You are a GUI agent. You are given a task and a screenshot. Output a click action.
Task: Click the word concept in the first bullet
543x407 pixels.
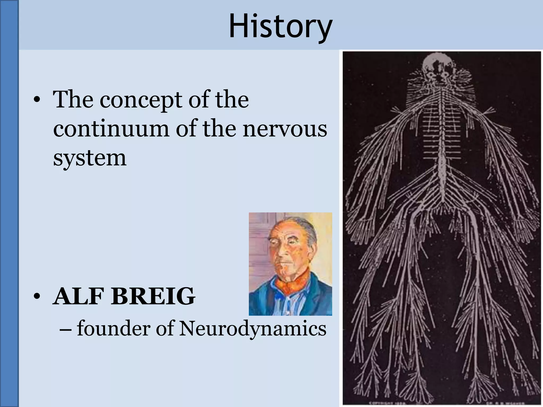141,100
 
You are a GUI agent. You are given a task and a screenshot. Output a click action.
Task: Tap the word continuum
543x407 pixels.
111,129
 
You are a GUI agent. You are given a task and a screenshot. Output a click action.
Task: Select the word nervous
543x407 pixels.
285,129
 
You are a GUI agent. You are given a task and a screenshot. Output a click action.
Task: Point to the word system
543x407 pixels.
90,159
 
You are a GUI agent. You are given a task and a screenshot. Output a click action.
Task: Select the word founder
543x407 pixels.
113,329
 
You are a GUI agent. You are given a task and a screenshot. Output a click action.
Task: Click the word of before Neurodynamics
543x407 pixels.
165,329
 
